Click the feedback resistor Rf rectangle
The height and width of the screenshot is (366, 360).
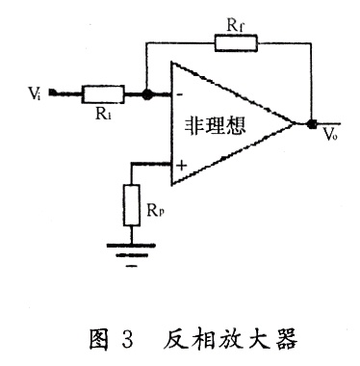click(x=236, y=43)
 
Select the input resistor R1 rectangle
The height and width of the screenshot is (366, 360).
click(x=103, y=94)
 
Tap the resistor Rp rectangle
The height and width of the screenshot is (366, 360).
click(x=132, y=205)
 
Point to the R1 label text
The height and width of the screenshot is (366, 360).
click(x=103, y=113)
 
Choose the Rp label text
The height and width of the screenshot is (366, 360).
click(x=155, y=210)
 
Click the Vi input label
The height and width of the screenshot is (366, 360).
click(x=35, y=93)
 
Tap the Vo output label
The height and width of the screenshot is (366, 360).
click(x=330, y=134)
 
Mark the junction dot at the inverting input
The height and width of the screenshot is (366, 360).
click(x=146, y=94)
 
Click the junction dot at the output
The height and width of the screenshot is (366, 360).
click(x=311, y=123)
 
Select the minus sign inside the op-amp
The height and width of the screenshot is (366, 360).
click(x=180, y=94)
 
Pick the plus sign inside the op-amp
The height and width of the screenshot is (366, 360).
click(x=182, y=166)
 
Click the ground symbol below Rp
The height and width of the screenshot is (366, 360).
click(x=132, y=255)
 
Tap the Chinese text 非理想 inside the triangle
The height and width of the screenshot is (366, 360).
click(x=215, y=125)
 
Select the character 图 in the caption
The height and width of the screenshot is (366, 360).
click(x=99, y=339)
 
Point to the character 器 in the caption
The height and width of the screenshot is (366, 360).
click(x=285, y=339)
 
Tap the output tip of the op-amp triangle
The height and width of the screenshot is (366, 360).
click(x=295, y=123)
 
